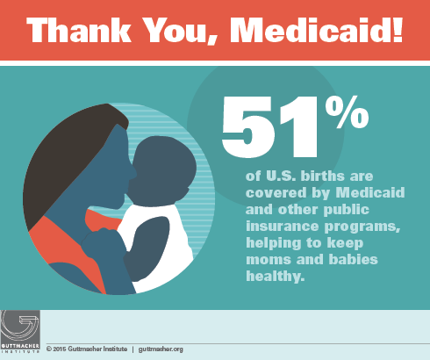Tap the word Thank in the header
79,30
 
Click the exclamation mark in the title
398,30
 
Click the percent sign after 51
347,112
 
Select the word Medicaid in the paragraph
370,192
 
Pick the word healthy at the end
276,276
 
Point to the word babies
353,259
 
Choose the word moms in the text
269,260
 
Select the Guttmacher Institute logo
20,331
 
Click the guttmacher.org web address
161,349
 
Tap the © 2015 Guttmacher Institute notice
87,349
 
